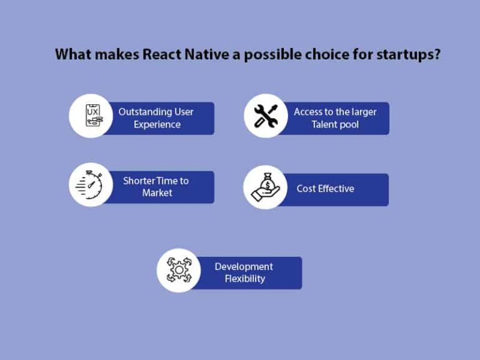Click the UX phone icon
(x=90, y=116)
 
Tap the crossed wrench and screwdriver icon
(x=265, y=116)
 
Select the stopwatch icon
(x=90, y=186)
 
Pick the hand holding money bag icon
(x=265, y=187)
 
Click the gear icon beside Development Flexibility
(x=178, y=271)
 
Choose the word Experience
(x=157, y=124)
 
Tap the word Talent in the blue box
(x=325, y=124)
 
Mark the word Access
(x=309, y=112)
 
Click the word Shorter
(x=141, y=181)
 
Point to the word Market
(x=157, y=193)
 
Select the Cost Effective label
(x=325, y=188)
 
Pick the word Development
(x=244, y=266)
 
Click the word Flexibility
(x=245, y=279)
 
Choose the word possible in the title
(x=267, y=54)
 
